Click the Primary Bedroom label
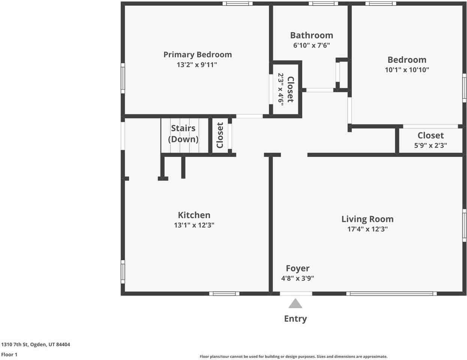[x=198, y=54]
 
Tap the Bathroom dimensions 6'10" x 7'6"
[x=311, y=45]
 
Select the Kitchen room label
[x=194, y=215]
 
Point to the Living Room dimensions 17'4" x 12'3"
[x=368, y=229]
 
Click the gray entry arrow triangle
[x=295, y=304]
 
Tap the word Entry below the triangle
[x=295, y=319]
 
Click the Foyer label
[x=298, y=268]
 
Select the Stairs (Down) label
[x=183, y=133]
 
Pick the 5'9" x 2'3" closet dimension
[x=431, y=145]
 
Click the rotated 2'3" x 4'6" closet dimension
[x=281, y=89]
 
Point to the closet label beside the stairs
[x=220, y=135]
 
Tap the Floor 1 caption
[x=9, y=355]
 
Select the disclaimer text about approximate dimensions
[x=293, y=357]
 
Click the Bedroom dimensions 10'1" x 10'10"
[x=407, y=70]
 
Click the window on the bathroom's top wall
[x=323, y=3]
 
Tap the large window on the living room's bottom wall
[x=391, y=294]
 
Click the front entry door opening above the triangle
[x=296, y=294]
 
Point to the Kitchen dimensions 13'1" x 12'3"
[x=194, y=225]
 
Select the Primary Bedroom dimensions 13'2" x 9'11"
[x=197, y=64]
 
